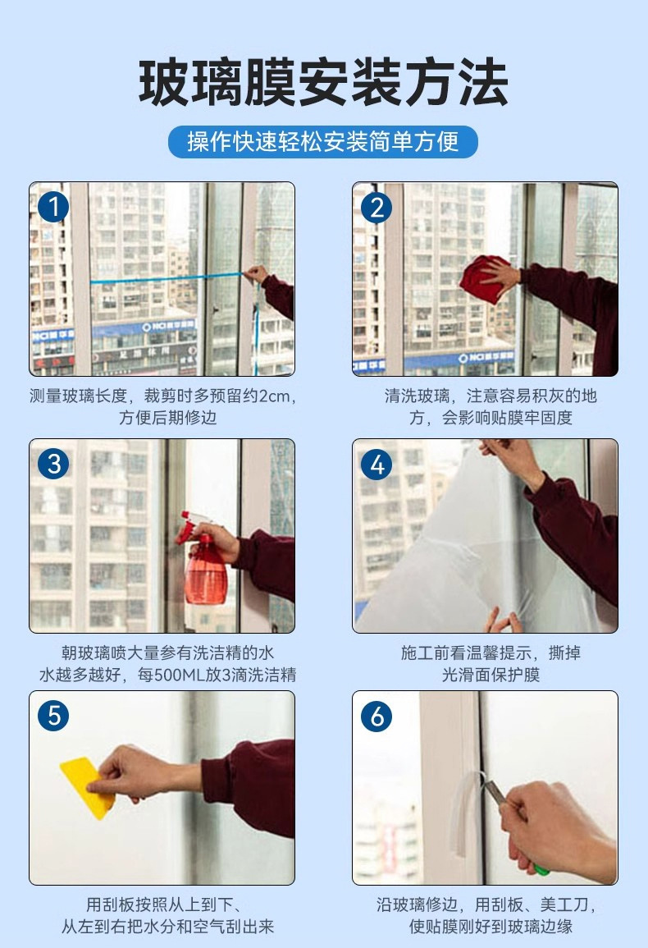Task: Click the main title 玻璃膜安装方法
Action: pos(323,82)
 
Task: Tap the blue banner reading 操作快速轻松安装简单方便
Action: pos(323,142)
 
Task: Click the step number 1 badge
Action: pos(53,207)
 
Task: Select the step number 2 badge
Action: pos(376,207)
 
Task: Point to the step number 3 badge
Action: pos(53,465)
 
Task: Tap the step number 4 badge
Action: pos(376,465)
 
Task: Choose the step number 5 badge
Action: pos(53,716)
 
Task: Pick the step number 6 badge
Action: pos(376,716)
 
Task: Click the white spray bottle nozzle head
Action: pos(189,524)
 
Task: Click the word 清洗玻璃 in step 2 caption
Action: pos(417,396)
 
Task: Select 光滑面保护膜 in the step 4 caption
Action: pos(491,675)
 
